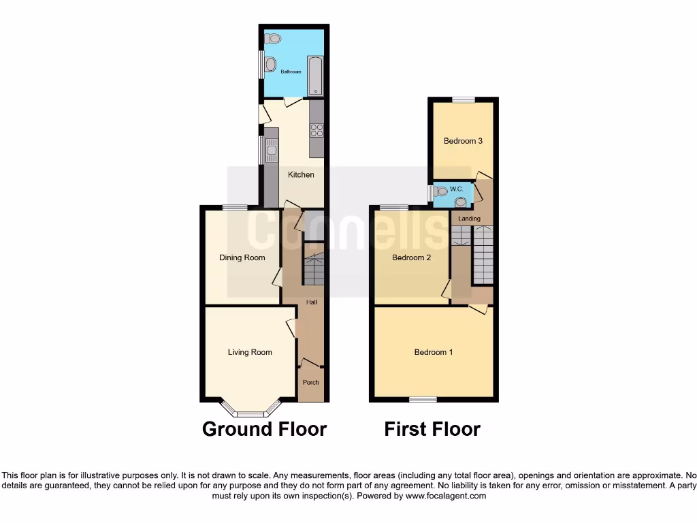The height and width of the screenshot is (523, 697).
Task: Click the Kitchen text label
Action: point(301,175)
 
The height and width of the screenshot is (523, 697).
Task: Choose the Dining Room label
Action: point(242,258)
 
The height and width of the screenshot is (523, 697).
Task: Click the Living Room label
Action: point(250,352)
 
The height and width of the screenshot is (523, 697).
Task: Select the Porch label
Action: point(310,382)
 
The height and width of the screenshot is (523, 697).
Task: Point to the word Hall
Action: point(311,302)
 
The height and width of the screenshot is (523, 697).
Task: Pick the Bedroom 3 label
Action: point(463,141)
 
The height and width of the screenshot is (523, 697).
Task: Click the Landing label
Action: point(469,219)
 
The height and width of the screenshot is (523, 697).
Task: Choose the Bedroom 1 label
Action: point(434,352)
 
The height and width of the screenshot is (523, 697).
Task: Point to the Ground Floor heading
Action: point(264,430)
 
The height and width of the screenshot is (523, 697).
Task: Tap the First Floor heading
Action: point(432,430)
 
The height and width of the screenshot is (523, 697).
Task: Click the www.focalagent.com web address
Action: point(447,496)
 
